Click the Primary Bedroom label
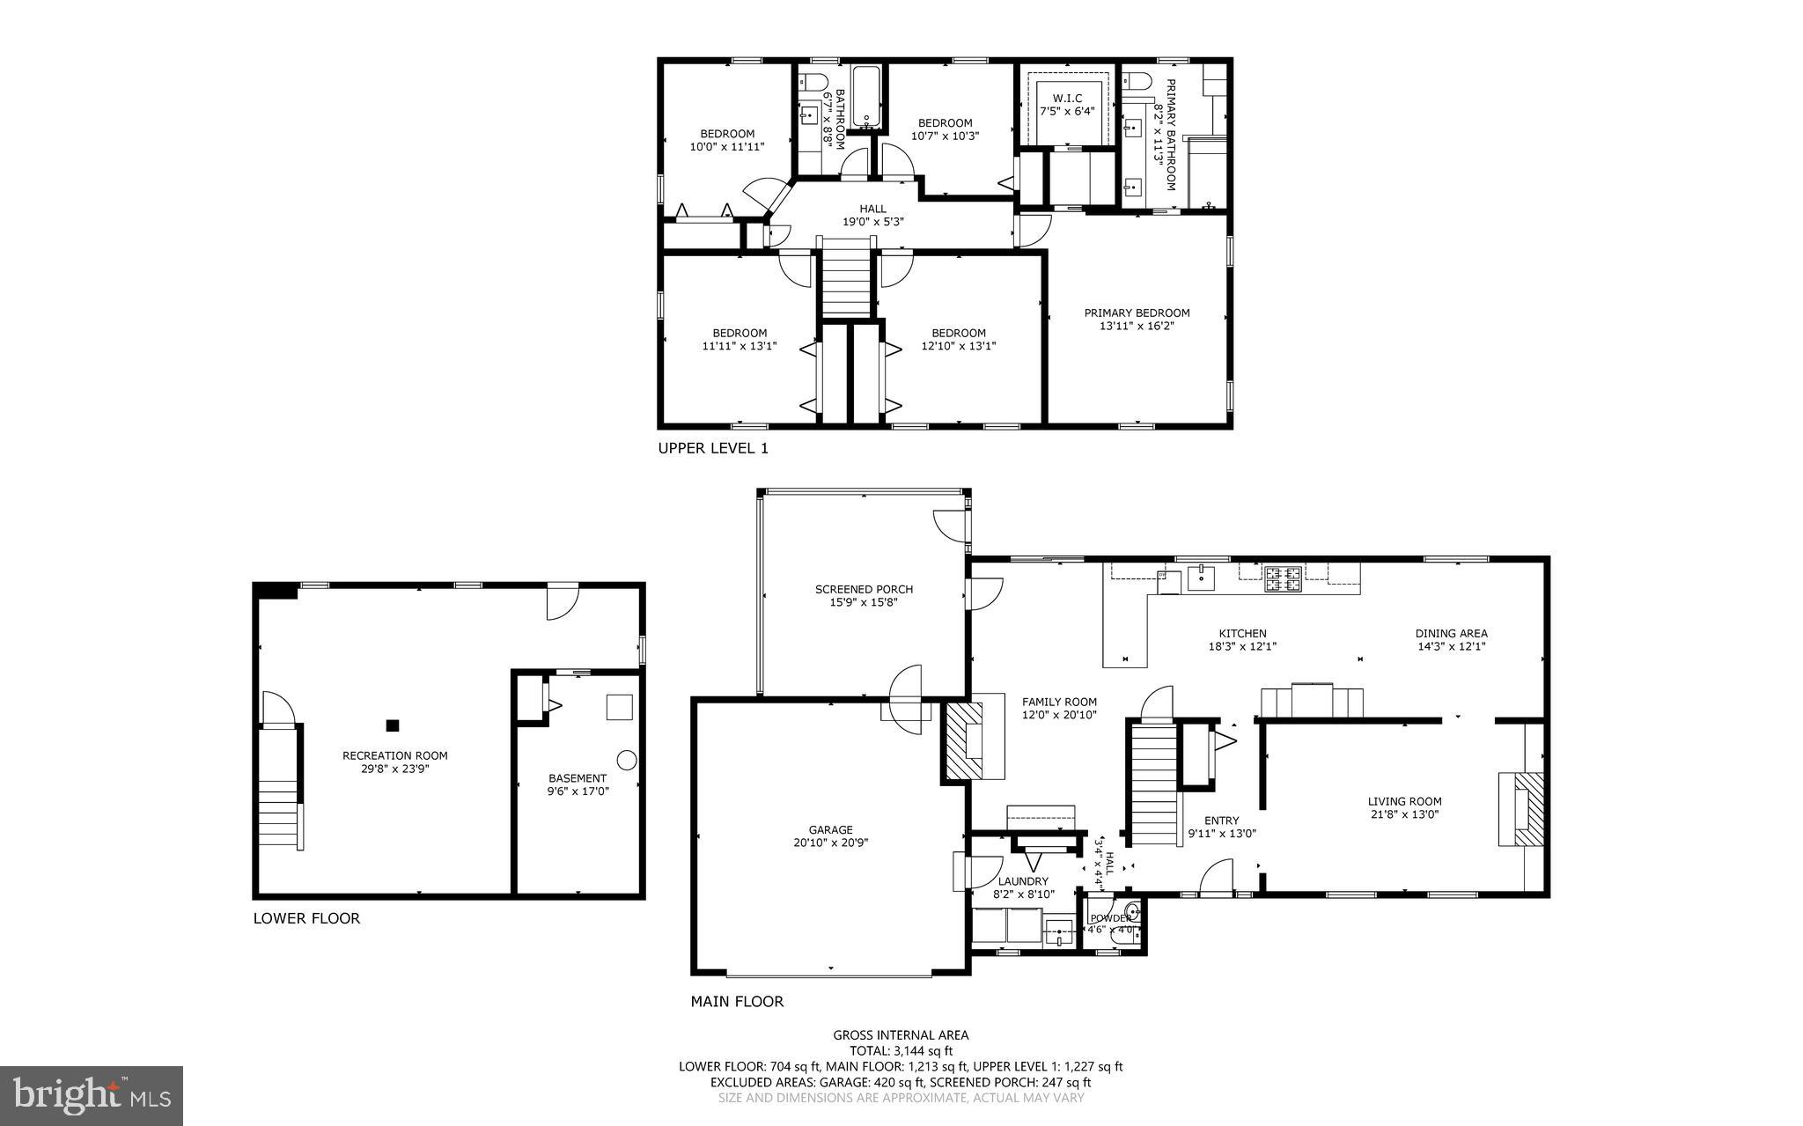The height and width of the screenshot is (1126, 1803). click(1137, 313)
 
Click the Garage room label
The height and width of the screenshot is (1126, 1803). click(831, 829)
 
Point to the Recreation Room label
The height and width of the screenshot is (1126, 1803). click(394, 755)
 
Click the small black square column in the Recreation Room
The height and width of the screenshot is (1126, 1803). click(393, 725)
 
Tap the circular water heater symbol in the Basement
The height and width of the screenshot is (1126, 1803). click(626, 760)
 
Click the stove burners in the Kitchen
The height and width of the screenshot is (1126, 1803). click(1284, 578)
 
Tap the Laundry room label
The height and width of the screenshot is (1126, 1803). click(1023, 881)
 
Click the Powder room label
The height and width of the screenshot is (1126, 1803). click(1110, 918)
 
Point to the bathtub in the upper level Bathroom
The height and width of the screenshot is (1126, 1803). click(866, 97)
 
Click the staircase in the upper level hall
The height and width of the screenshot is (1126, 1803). click(845, 283)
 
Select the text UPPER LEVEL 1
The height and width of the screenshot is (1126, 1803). click(713, 448)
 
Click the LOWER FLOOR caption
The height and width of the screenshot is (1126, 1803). click(306, 918)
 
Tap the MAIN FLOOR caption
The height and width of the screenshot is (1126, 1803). click(736, 1001)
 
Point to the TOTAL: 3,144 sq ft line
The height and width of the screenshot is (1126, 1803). click(901, 1050)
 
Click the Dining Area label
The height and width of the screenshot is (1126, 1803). click(1451, 633)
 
